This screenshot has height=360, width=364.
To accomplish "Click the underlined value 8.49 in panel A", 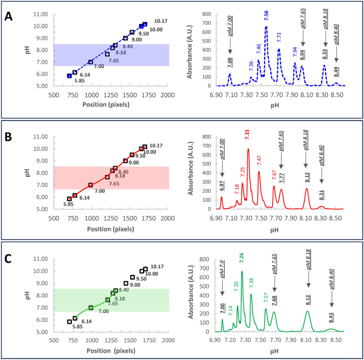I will [336, 70].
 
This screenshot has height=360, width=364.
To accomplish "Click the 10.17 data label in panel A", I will [160, 21].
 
